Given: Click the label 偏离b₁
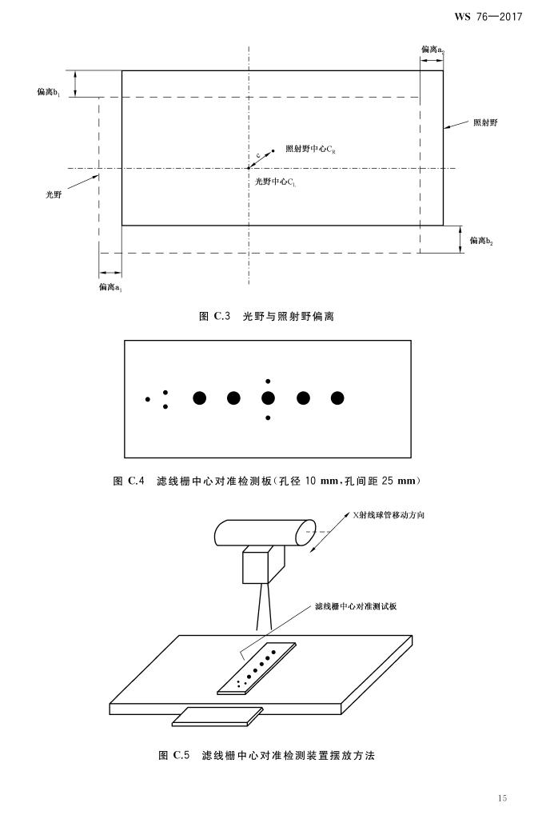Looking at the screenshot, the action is point(48,92).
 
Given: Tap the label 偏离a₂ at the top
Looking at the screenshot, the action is point(432,50).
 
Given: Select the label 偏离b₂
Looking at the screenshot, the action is point(481,241).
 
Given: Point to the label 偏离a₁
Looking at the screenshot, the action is point(110,287).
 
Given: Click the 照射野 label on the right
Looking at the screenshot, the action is point(486,122).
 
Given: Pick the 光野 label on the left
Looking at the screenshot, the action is point(54,194).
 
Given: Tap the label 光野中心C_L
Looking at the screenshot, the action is point(276,182).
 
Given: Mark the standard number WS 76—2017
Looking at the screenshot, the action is point(488,17).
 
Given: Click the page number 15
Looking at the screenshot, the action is point(502,798).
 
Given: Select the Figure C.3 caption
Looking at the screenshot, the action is point(266,316).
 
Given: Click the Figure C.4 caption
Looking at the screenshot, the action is point(266,481).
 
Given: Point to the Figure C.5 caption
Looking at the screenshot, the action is point(266,755).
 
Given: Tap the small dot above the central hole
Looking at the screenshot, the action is point(268,381).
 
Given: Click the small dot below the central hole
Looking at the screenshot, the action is point(268,417).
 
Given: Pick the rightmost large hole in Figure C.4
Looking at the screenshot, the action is point(337,398).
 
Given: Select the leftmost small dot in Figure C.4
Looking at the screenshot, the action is point(148,399).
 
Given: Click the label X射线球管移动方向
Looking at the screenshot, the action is point(389,515).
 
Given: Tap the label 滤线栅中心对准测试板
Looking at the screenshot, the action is point(356,606).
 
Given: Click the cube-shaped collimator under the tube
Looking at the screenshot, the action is point(262,564).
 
